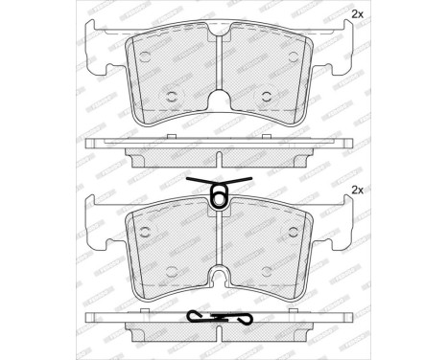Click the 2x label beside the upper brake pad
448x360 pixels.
[358, 14]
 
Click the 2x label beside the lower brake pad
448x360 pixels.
[358, 191]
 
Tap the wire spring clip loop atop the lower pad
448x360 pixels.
[219, 198]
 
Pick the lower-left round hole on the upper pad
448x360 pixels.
[174, 95]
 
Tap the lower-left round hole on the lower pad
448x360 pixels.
[174, 272]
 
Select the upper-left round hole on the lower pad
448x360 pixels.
[144, 234]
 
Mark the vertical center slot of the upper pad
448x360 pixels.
[219, 57]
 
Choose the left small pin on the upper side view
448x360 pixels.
[169, 136]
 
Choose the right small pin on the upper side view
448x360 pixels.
[270, 136]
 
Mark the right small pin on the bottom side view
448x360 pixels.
[270, 312]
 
